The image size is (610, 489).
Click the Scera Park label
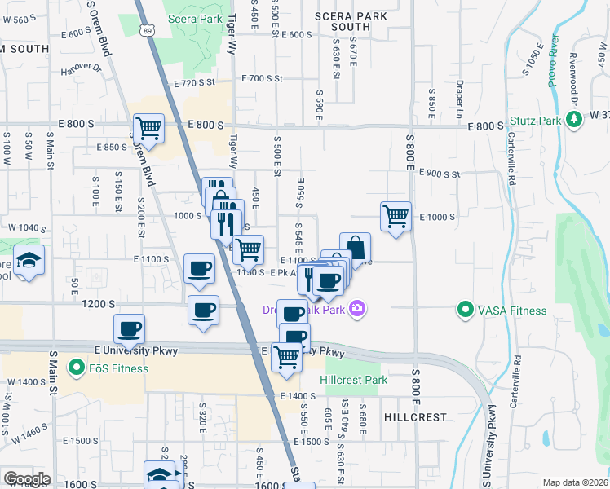(x=194, y=18)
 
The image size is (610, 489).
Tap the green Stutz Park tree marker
(x=574, y=120)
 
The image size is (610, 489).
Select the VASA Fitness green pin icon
(x=465, y=310)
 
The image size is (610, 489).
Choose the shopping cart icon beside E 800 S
(x=148, y=127)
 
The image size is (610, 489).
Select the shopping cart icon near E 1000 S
(x=396, y=216)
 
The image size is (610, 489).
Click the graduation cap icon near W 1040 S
(x=29, y=260)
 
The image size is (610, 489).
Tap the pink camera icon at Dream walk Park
(x=356, y=308)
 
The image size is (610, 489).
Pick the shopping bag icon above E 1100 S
(x=355, y=247)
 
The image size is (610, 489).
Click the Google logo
(x=27, y=479)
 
